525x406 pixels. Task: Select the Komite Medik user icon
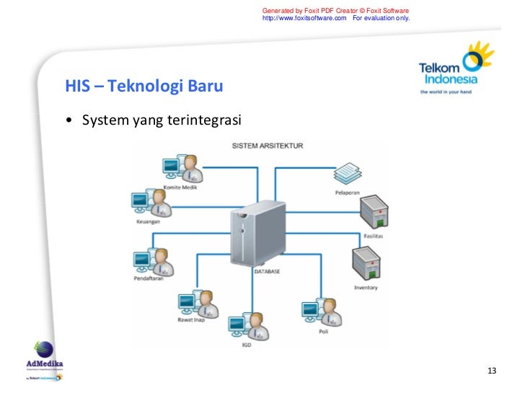[x=182, y=169]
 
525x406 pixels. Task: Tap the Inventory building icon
[x=366, y=264]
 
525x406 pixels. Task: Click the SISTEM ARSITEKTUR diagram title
[x=267, y=146]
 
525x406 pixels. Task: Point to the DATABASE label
[x=266, y=272]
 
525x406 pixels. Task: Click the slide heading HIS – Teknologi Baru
[x=144, y=87]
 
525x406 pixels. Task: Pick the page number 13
[x=493, y=371]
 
